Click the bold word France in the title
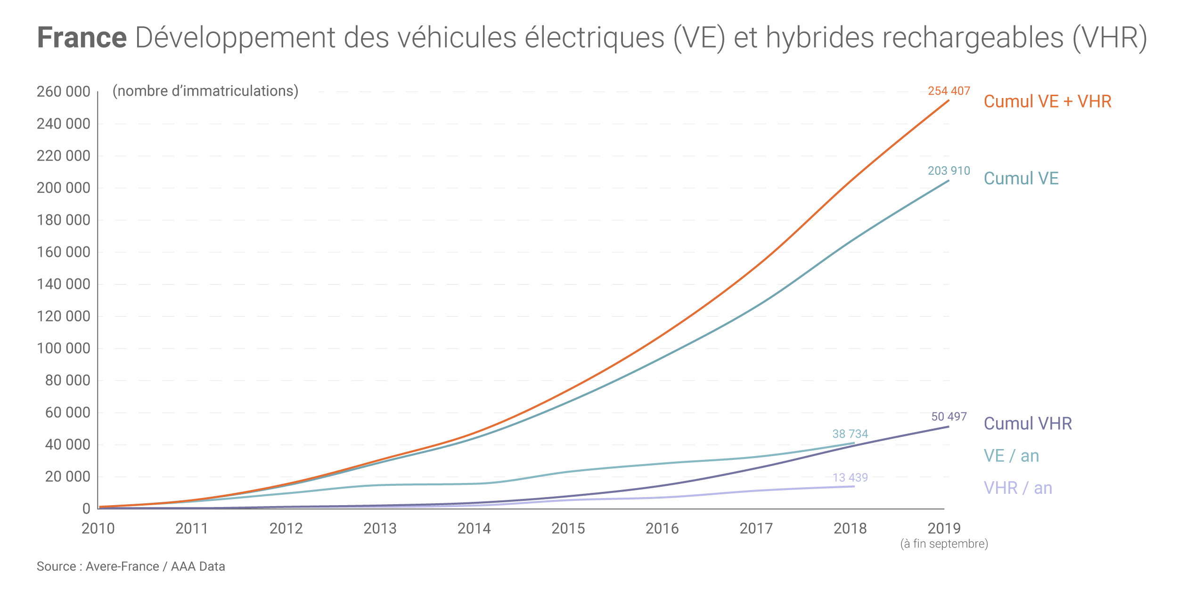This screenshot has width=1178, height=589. [82, 38]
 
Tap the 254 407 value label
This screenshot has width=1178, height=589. [949, 91]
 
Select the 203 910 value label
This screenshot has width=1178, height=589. [949, 171]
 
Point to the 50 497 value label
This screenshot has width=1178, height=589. [949, 417]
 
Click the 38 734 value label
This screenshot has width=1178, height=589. [850, 434]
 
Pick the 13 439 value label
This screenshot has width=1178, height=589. [850, 477]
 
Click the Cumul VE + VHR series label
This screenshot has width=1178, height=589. [1047, 102]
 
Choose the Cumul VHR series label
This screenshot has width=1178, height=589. [1028, 424]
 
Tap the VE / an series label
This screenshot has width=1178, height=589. [1011, 456]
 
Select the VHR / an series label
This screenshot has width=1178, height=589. [1018, 488]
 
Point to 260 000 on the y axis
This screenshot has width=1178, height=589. [64, 91]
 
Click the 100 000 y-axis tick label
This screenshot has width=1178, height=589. [64, 348]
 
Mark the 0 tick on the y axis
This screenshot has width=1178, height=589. [86, 509]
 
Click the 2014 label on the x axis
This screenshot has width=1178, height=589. [474, 528]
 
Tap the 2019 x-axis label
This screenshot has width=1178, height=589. [944, 528]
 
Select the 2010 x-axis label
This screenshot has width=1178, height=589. [98, 528]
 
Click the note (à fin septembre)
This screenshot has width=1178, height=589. [944, 544]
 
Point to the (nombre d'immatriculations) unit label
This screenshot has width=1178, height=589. [205, 91]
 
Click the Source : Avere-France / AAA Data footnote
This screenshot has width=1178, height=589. [131, 566]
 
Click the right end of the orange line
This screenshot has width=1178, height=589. [948, 101]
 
